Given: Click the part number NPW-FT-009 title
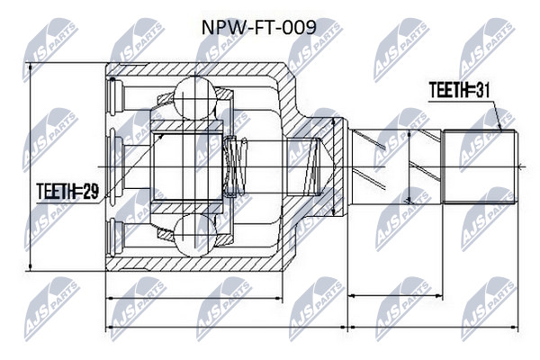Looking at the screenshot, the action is [x=258, y=27].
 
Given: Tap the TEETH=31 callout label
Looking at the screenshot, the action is [x=459, y=90].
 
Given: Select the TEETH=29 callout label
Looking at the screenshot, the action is [x=67, y=192].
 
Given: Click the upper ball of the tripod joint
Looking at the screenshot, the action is [x=195, y=98].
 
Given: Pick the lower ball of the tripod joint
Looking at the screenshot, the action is [x=195, y=235].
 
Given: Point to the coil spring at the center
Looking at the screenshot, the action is [x=236, y=166].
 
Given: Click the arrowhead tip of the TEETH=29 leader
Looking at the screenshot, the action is [x=163, y=135].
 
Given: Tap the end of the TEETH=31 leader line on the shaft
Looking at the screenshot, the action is [x=501, y=130].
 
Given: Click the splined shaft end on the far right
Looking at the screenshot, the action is [x=480, y=166].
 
